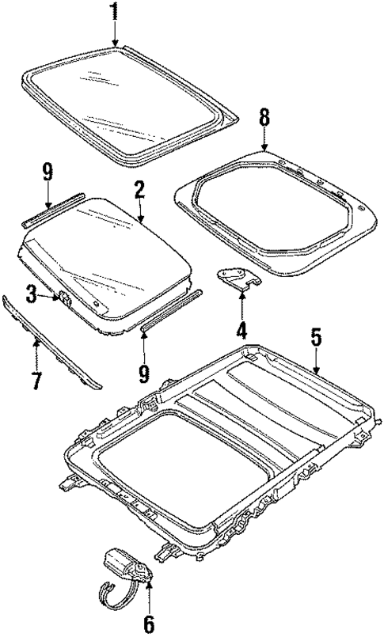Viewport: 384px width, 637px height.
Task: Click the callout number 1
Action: click(115, 12)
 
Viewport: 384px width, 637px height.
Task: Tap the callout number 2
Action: click(139, 189)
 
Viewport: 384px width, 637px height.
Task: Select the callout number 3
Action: click(31, 295)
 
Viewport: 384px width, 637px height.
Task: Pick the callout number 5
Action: click(316, 338)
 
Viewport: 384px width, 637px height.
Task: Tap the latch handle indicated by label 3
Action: click(63, 299)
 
